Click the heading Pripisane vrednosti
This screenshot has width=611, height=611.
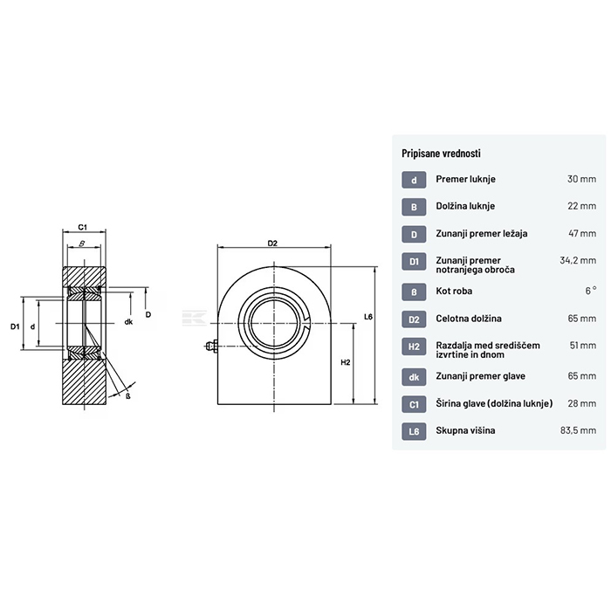(x=441, y=153)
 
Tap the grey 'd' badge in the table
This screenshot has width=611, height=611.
(x=414, y=180)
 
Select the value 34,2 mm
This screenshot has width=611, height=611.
(x=578, y=260)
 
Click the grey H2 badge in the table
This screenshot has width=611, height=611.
(x=414, y=346)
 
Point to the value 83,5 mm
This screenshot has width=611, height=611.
(x=578, y=430)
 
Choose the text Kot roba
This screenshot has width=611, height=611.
(x=454, y=291)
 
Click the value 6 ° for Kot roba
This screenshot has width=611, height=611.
(x=591, y=291)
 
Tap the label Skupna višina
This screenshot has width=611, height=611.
(x=465, y=430)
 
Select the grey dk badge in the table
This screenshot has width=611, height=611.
(x=414, y=377)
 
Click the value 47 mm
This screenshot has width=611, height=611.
(x=582, y=233)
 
